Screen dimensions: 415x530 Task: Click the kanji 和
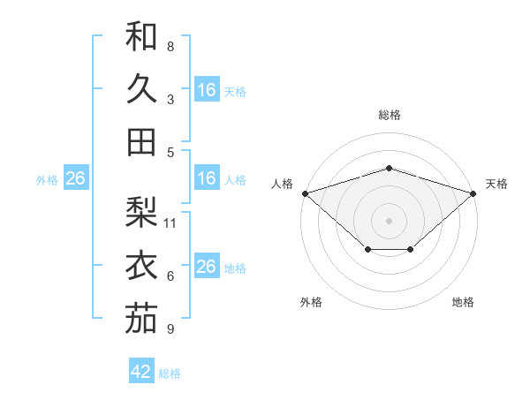tap(141, 36)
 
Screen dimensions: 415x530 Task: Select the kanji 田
tap(141, 141)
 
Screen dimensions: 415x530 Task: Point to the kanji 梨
tap(141, 213)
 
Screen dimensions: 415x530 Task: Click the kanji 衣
tap(141, 266)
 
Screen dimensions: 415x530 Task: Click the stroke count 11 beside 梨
tap(171, 223)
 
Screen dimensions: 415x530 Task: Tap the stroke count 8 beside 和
tap(170, 46)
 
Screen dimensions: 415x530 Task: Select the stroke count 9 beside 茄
tap(170, 329)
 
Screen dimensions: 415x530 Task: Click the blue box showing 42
tap(141, 372)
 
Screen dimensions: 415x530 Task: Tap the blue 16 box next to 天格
tap(207, 90)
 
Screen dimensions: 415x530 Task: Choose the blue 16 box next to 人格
tap(207, 178)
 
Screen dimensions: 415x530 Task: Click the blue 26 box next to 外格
tap(75, 178)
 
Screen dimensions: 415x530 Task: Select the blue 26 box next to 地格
tap(207, 267)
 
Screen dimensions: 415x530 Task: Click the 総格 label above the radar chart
tap(389, 115)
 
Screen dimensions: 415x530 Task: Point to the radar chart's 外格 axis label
tap(311, 302)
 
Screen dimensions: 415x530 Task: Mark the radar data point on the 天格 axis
tap(473, 192)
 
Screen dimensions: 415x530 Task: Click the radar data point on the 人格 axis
tap(305, 192)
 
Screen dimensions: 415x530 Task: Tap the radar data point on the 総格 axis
tap(389, 168)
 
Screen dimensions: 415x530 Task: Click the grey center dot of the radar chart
tap(389, 220)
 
